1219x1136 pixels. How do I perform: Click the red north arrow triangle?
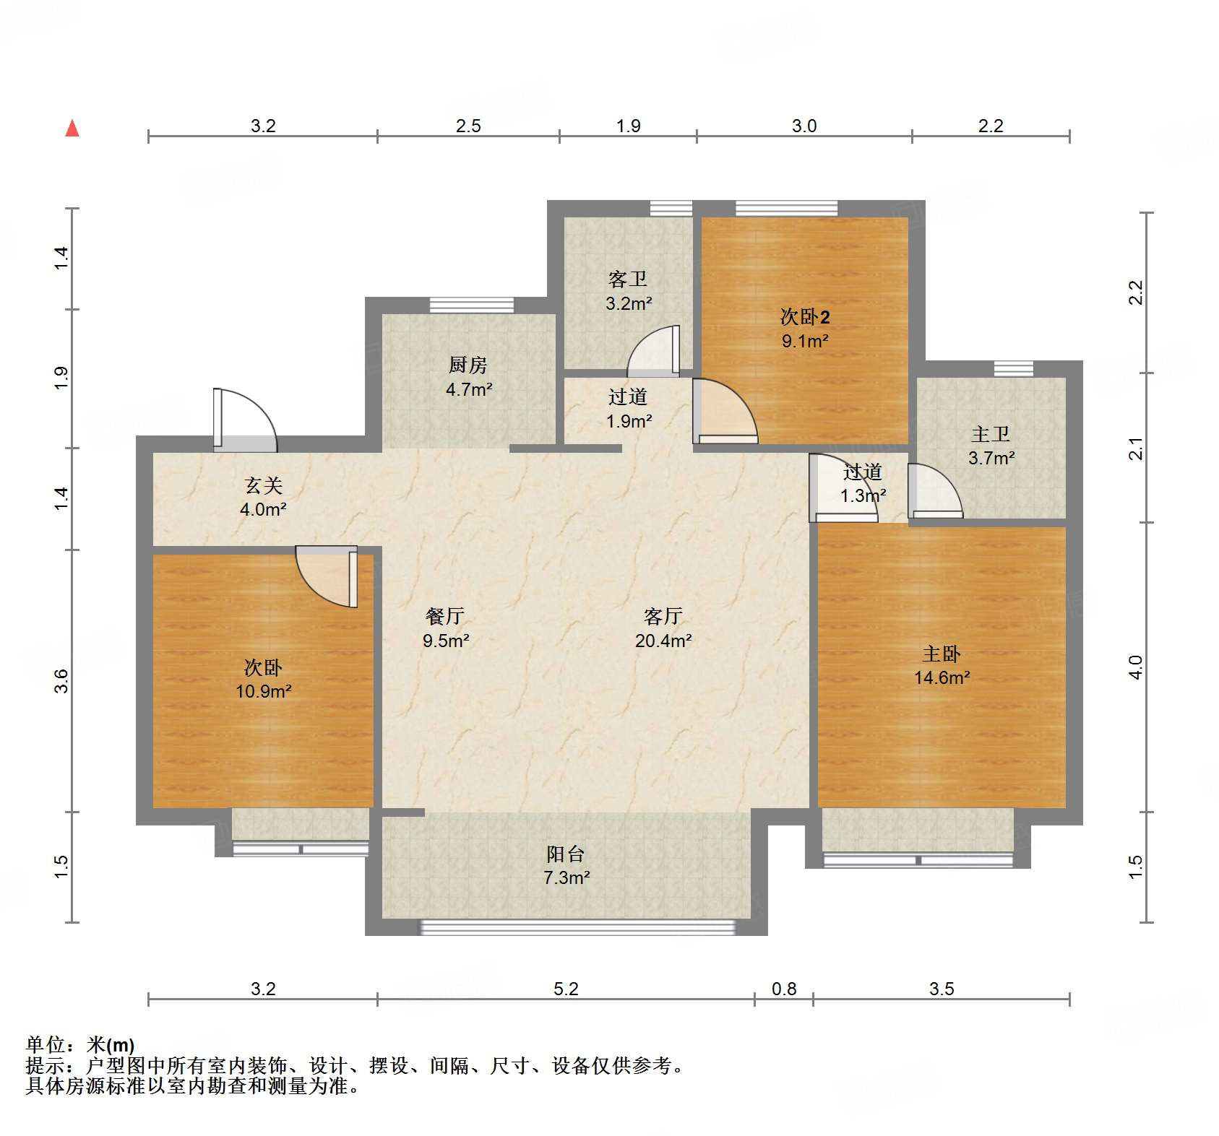72,129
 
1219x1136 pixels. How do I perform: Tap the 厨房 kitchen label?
468,365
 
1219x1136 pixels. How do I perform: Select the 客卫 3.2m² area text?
629,304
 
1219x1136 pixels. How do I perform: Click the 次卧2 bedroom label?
804,317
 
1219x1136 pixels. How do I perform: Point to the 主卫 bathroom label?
991,434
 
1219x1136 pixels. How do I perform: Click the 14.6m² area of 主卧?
942,678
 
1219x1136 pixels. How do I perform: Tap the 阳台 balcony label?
566,854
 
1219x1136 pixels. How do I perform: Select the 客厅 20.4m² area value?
663,641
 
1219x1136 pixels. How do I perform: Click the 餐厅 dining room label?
445,616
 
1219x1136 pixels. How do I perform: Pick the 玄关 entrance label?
263,485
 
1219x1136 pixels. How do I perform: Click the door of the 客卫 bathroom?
654,352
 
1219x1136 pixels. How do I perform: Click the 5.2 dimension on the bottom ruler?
566,989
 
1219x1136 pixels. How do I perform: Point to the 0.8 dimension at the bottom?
784,989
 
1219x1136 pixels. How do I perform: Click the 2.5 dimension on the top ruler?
468,126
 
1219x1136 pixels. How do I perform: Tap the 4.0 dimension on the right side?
1135,667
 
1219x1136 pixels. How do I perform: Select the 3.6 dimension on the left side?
61,681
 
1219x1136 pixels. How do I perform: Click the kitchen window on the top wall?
471,305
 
